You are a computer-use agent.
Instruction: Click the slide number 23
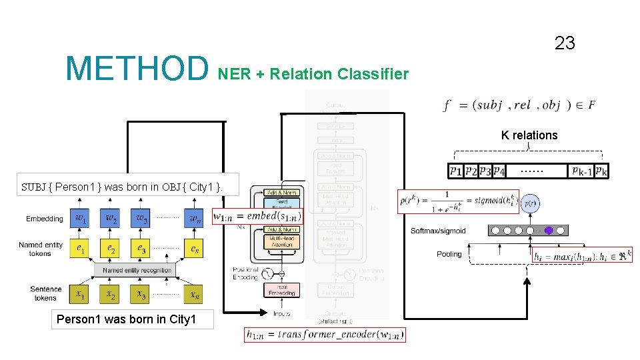pos(565,44)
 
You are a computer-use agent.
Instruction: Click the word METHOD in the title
pos(137,69)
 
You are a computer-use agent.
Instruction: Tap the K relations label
pos(529,135)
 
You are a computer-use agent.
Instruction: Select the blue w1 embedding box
pos(80,218)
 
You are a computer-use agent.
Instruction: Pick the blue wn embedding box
pos(193,218)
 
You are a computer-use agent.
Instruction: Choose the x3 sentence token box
pos(141,293)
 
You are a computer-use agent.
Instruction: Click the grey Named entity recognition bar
pos(138,270)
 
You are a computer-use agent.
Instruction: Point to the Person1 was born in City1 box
pos(127,319)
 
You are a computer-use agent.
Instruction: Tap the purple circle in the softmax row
pos(549,231)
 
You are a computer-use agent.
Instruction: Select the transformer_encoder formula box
pos(325,335)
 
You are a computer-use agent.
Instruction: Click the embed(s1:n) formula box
pos(257,216)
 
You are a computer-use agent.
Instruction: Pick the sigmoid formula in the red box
pos(458,201)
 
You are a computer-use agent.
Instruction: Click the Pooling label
pos(449,254)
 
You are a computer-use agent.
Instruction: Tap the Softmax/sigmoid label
pos(438,231)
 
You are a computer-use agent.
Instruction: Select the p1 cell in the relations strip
pos(456,171)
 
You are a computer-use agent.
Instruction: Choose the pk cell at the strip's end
pos(601,171)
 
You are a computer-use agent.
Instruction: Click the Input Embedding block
pos(281,289)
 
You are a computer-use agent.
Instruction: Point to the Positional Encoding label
pos(245,273)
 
